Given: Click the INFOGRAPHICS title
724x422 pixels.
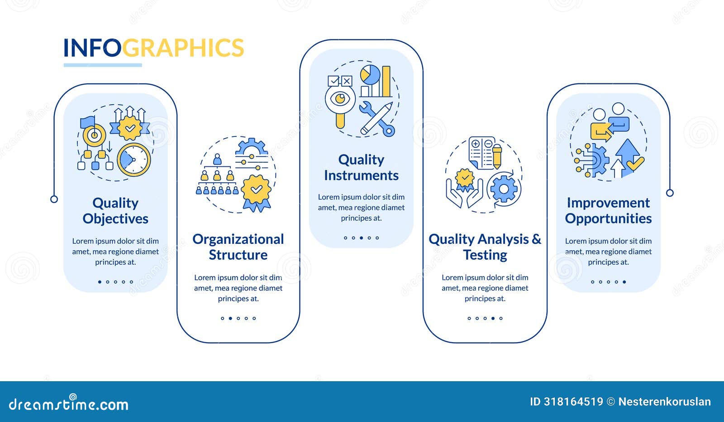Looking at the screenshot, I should (153, 48).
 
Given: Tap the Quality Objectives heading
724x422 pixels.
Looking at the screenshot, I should (115, 211).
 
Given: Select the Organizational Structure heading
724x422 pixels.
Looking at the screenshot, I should (238, 247).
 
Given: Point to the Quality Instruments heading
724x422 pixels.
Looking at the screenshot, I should (361, 167).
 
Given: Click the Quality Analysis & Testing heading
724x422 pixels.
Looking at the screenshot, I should (485, 247).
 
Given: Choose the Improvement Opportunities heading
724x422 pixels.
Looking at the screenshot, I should (608, 211).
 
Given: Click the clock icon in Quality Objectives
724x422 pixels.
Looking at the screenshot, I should (134, 160).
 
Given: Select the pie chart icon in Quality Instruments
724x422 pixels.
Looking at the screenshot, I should (370, 75).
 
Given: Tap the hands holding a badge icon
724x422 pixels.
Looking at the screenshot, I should (464, 188).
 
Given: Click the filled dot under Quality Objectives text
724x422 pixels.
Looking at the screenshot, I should (100, 282).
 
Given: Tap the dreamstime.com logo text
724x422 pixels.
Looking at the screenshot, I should (69, 403).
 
